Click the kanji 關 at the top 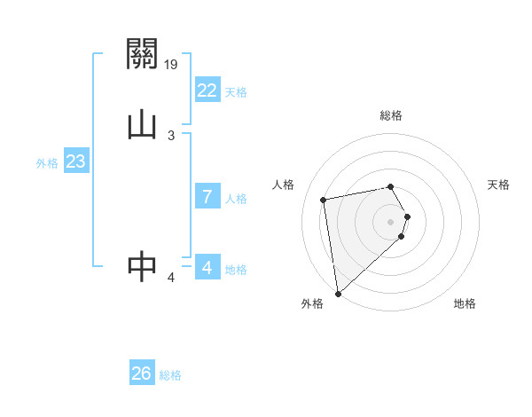click(142, 55)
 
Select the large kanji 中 click(142, 265)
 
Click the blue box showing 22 click(207, 90)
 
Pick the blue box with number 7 click(207, 197)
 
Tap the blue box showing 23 click(75, 162)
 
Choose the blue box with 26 click(142, 374)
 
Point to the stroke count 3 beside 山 click(171, 135)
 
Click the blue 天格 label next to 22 click(236, 91)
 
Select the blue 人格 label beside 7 click(236, 199)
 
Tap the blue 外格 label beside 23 click(47, 163)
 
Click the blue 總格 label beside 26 click(170, 375)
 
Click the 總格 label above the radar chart click(391, 115)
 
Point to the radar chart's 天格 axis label click(498, 185)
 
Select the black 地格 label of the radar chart click(465, 303)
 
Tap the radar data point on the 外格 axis click(338, 293)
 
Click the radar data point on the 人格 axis click(324, 199)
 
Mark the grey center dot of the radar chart click(391, 221)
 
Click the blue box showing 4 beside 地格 click(207, 267)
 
